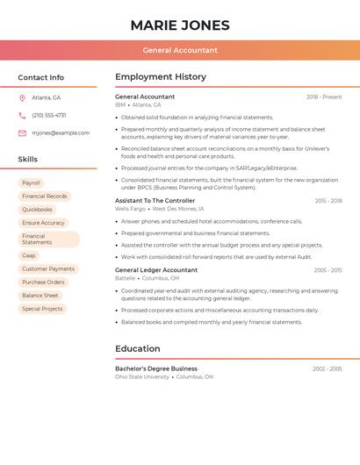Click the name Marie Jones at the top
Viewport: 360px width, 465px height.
coord(180,25)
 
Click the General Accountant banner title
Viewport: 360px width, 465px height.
coord(180,50)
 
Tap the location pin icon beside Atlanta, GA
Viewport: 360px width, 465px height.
coord(22,97)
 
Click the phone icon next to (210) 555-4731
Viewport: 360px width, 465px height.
coord(22,115)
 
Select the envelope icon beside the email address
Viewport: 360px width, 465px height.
coord(22,132)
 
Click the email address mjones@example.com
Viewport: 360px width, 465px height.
coord(61,132)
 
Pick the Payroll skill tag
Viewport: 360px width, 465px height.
coord(31,182)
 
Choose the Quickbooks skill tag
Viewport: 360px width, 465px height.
coord(37,210)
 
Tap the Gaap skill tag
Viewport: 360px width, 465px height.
coord(29,255)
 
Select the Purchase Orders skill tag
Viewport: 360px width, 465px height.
coord(43,282)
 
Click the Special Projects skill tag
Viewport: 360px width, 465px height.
coord(42,309)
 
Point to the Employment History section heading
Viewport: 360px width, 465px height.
coord(161,76)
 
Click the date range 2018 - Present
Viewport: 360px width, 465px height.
coord(324,97)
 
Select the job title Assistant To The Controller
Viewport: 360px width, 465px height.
coord(155,200)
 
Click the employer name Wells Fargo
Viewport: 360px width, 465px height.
coord(130,209)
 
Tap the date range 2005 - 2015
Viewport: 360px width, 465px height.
coord(328,270)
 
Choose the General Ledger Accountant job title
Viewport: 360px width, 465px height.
coord(156,269)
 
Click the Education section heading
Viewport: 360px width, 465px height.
coord(138,348)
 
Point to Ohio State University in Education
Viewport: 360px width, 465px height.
coord(142,376)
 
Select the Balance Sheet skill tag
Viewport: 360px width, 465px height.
coord(40,295)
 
